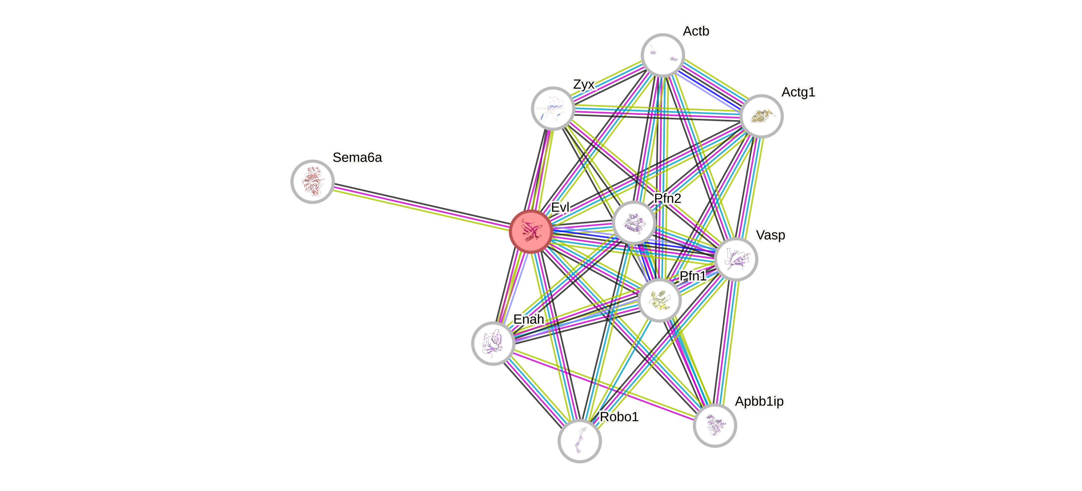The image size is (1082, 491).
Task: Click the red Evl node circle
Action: [531, 232]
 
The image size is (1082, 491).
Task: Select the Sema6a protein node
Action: [313, 181]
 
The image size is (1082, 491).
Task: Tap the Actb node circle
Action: [663, 55]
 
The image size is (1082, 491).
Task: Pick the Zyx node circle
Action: [553, 108]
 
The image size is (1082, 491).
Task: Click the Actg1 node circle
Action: [761, 116]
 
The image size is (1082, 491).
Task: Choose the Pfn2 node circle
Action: [633, 222]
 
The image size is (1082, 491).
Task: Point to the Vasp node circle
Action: [736, 259]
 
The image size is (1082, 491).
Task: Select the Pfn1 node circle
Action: [659, 300]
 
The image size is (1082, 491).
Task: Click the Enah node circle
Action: [493, 343]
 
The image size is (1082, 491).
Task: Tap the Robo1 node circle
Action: [580, 440]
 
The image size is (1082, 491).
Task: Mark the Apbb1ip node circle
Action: [714, 425]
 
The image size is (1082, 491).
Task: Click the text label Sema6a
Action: [358, 157]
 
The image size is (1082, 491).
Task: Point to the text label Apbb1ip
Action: [759, 402]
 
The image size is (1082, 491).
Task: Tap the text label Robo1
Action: [619, 417]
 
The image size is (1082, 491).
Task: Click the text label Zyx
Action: [583, 84]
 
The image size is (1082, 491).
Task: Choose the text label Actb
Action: [696, 31]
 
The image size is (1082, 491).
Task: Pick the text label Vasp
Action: [770, 235]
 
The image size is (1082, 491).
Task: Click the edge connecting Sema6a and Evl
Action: [420, 206]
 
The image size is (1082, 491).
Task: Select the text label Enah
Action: [529, 319]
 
